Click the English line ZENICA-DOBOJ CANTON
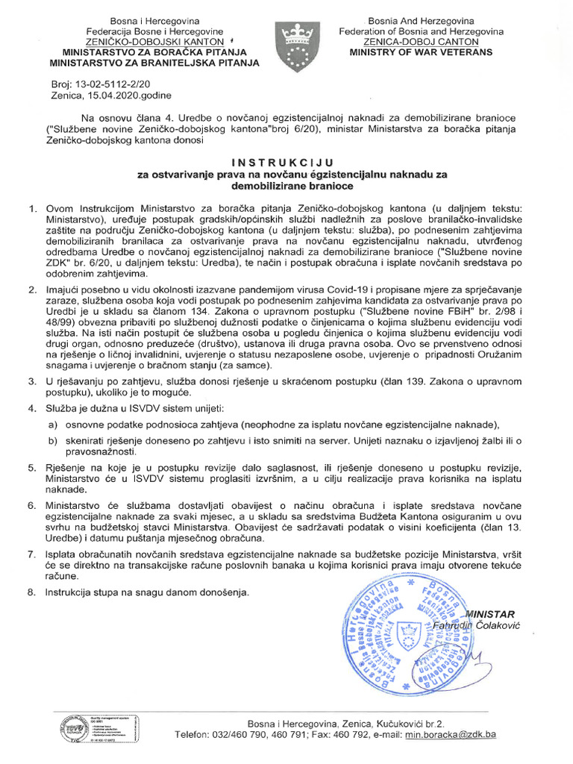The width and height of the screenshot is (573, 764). pyautogui.click(x=421, y=43)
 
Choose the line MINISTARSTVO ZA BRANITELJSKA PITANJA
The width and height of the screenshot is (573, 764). pyautogui.click(x=160, y=63)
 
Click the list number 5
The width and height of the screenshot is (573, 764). pyautogui.click(x=31, y=467)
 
